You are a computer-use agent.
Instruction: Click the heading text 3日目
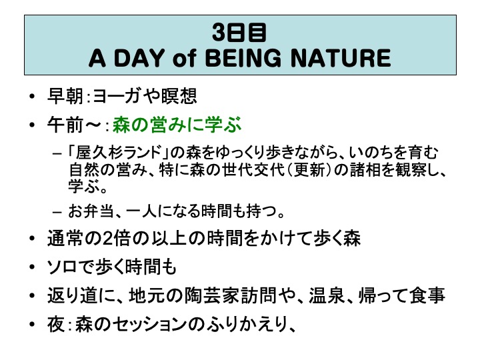[239, 33]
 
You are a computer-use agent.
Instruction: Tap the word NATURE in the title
[341, 58]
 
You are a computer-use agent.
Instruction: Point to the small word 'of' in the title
[184, 58]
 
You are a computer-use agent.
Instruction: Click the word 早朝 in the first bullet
[65, 96]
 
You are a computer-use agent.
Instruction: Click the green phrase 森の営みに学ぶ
[177, 125]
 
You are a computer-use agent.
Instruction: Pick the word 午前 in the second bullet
[65, 125]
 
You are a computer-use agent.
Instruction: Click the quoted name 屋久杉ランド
[119, 153]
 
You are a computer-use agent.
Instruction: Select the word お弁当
[91, 211]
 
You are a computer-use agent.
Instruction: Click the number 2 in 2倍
[107, 239]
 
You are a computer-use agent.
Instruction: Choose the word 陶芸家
[211, 295]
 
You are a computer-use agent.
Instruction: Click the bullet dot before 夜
[33, 325]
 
